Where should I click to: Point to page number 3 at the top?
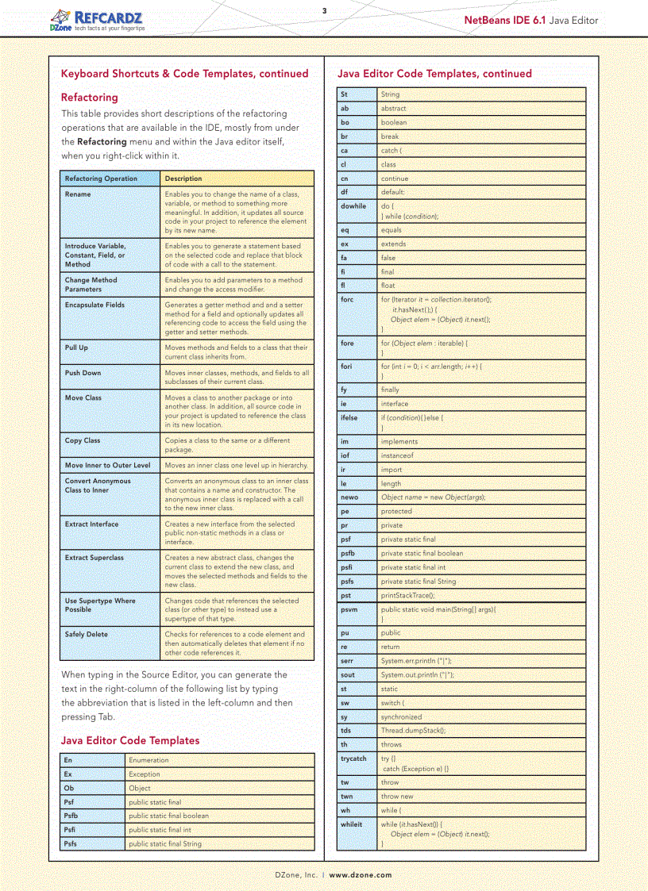324,10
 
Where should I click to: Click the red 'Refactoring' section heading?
89,98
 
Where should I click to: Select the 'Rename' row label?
78,194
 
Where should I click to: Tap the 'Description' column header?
183,179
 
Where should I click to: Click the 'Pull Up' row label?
76,348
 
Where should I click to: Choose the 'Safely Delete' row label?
86,635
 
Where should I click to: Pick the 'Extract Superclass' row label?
94,558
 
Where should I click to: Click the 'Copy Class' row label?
83,440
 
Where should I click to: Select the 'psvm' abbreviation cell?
349,610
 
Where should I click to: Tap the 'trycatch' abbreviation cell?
353,759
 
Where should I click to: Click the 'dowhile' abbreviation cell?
353,206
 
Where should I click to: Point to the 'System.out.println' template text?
417,675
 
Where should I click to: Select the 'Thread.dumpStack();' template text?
413,731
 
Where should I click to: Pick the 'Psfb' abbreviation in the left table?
71,816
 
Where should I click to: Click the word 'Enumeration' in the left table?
148,760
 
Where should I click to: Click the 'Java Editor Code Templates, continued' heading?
434,74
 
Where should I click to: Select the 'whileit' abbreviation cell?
351,824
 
